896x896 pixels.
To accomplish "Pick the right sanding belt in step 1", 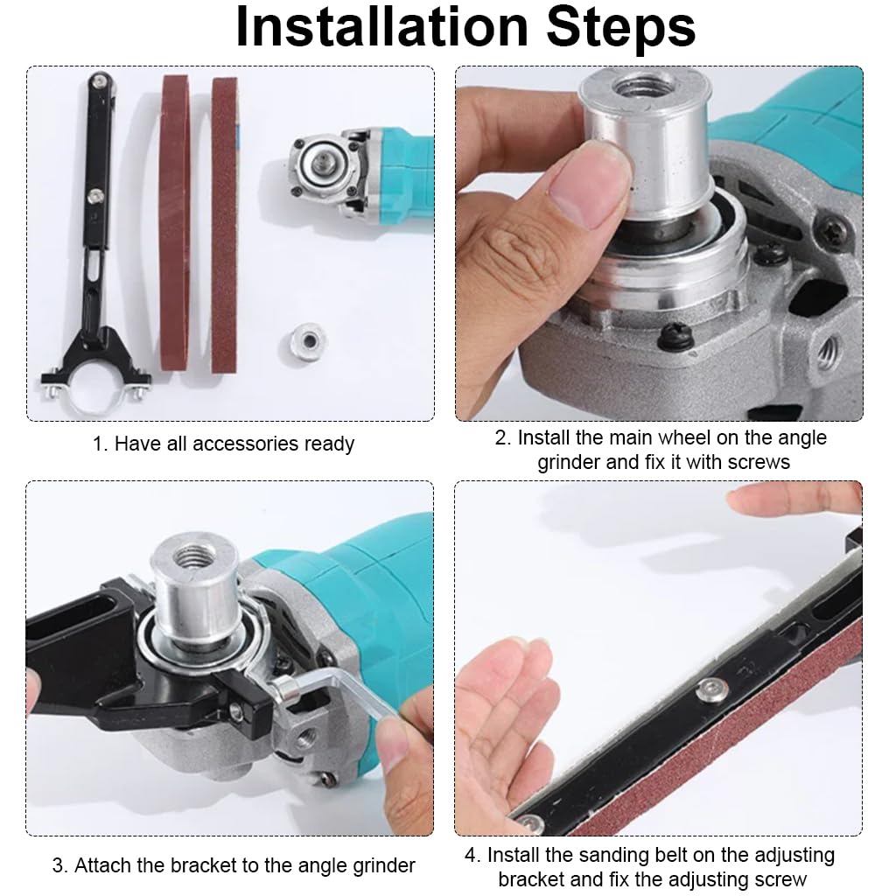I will (224, 223).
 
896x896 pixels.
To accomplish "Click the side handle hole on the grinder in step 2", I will (829, 351).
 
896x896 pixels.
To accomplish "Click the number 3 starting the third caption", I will (58, 866).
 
